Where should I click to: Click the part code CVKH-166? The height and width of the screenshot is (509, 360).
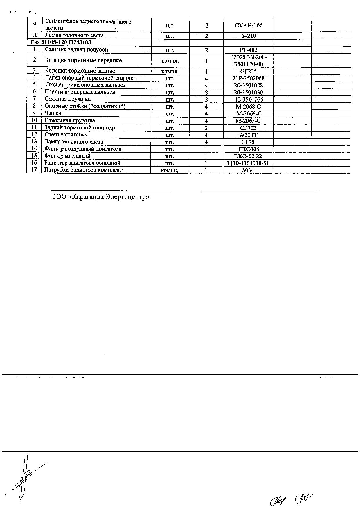click(x=248, y=25)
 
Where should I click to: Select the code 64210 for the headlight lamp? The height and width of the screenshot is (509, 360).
click(x=248, y=36)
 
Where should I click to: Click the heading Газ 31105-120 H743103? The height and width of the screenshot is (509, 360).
click(x=60, y=42)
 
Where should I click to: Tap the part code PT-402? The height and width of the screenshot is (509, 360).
click(x=248, y=50)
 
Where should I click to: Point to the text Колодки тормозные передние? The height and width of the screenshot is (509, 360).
click(x=83, y=61)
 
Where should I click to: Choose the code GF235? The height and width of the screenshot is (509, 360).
click(x=248, y=71)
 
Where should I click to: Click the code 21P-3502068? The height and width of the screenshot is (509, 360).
click(x=248, y=78)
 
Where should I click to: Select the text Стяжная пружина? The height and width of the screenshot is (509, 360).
click(x=68, y=99)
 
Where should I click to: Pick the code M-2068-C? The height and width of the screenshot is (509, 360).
click(x=248, y=107)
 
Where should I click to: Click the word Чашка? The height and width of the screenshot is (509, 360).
click(x=53, y=113)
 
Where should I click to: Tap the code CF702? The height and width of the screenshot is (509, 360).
click(x=248, y=128)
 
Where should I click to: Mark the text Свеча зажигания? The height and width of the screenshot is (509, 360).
click(x=66, y=135)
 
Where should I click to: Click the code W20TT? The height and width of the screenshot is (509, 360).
click(x=248, y=135)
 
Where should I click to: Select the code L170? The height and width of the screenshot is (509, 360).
click(x=248, y=142)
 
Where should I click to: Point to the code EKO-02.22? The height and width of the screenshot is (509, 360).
click(x=248, y=156)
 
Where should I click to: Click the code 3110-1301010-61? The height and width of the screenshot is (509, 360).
click(x=248, y=163)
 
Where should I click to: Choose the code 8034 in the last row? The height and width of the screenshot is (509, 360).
click(x=248, y=170)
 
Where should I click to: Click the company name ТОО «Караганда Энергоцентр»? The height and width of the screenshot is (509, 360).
click(x=100, y=197)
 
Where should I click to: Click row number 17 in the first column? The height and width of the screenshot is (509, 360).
click(x=34, y=170)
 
